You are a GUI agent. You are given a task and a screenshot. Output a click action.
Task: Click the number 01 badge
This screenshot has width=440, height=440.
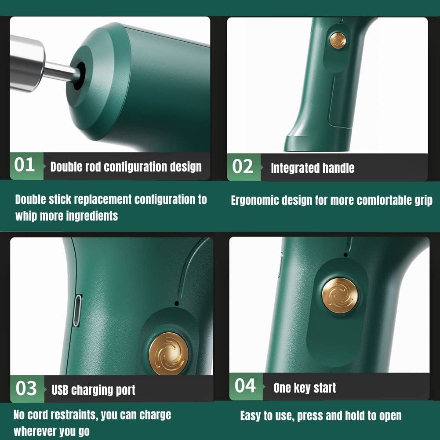click(26, 166)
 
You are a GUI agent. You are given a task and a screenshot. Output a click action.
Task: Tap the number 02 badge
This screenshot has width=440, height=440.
click(244, 167)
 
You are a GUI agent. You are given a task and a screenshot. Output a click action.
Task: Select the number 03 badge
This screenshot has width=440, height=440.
click(27, 389)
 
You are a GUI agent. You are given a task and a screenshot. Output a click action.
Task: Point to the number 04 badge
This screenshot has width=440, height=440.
click(246, 386)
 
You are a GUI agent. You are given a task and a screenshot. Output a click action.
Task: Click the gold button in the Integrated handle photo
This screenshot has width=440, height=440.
click(338, 40)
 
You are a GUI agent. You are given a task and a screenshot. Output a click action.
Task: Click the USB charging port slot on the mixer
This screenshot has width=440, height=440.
click(77, 310)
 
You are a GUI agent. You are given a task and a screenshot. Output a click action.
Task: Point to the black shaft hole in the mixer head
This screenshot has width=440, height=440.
click(80, 76)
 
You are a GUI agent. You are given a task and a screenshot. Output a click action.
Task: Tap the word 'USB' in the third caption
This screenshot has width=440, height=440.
click(60, 390)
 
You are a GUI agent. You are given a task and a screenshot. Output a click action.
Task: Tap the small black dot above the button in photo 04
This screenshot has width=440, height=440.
click(345, 255)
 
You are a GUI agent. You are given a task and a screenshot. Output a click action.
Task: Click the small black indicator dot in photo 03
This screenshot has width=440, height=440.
click(177, 303)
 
